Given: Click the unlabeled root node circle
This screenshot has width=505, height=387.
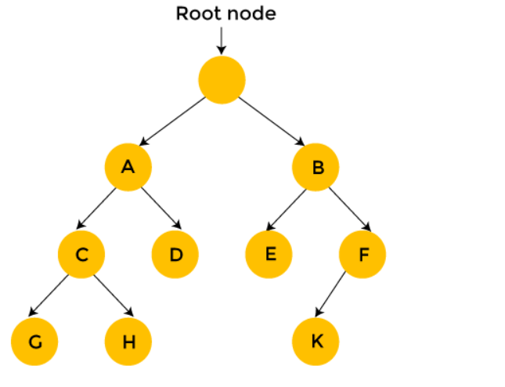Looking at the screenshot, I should click(x=222, y=79).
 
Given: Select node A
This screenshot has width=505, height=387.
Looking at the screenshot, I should click(x=128, y=166).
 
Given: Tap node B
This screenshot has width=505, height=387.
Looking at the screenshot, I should click(x=315, y=166).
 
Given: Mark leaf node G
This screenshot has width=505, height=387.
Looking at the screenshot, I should click(x=34, y=342).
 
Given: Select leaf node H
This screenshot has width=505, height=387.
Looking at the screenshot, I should click(x=128, y=342).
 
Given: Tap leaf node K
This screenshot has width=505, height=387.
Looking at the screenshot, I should click(x=315, y=342).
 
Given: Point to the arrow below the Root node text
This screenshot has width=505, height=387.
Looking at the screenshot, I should click(x=222, y=39).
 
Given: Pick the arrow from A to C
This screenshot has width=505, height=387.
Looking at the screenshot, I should click(x=104, y=210).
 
